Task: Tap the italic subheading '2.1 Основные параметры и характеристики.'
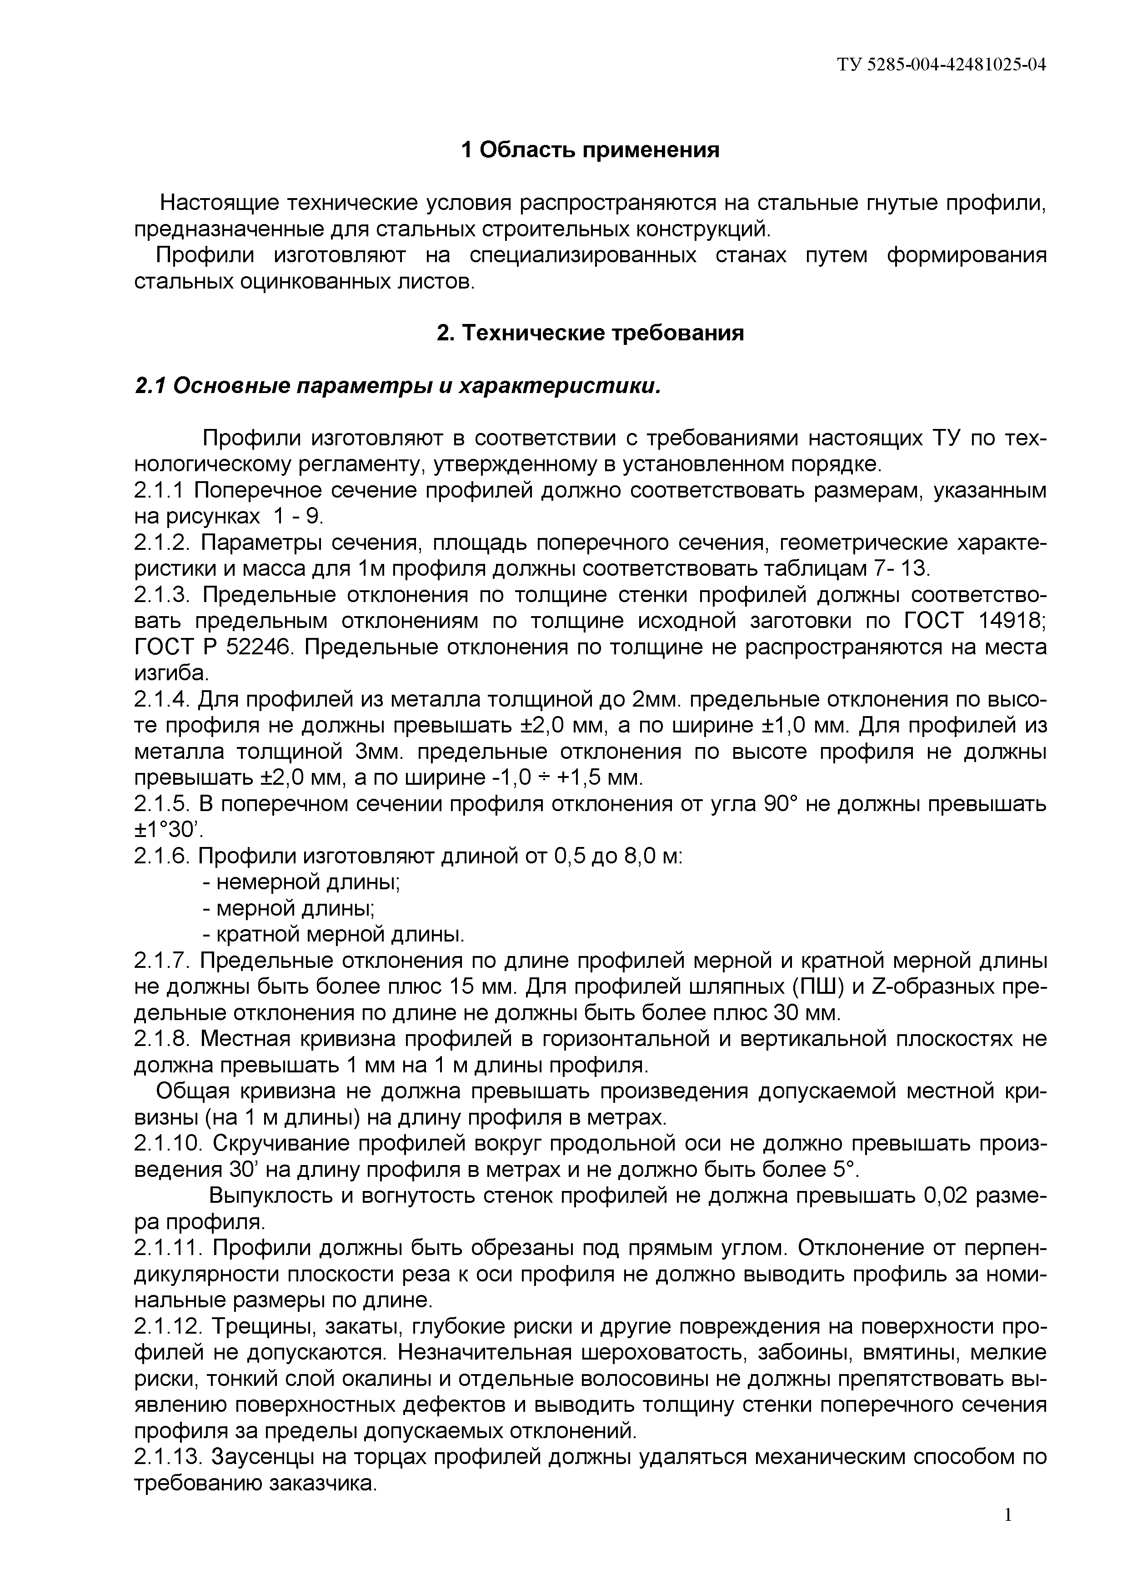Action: (x=396, y=386)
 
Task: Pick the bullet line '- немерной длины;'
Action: (x=301, y=882)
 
